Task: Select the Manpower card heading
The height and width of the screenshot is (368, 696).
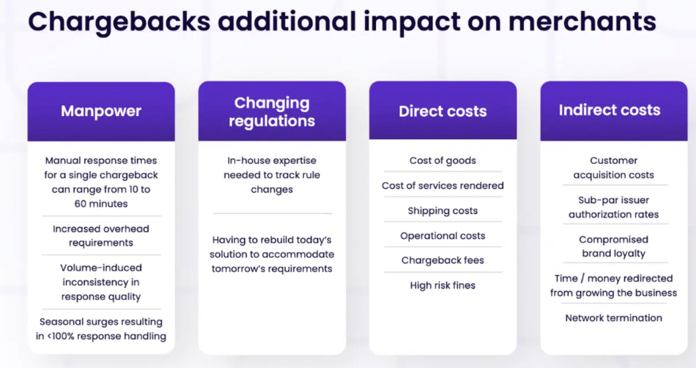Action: (x=101, y=111)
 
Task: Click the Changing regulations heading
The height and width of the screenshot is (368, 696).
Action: (x=272, y=112)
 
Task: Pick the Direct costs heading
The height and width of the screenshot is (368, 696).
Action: (x=442, y=111)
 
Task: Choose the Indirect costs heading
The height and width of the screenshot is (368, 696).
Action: (x=609, y=110)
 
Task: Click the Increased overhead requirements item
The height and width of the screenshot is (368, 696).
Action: (x=101, y=236)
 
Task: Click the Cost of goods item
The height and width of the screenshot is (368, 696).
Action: (x=442, y=161)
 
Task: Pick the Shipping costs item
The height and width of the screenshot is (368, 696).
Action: (x=442, y=210)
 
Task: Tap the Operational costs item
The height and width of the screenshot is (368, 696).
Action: (x=442, y=236)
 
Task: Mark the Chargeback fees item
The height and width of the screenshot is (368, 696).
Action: (x=442, y=260)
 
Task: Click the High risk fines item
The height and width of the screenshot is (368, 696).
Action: (x=442, y=285)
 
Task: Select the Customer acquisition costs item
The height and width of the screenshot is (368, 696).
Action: (x=614, y=168)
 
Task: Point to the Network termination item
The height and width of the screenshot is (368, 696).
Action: (x=614, y=318)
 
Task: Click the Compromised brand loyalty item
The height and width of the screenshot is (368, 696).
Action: (x=614, y=246)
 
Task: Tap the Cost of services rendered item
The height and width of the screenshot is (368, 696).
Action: (x=442, y=185)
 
